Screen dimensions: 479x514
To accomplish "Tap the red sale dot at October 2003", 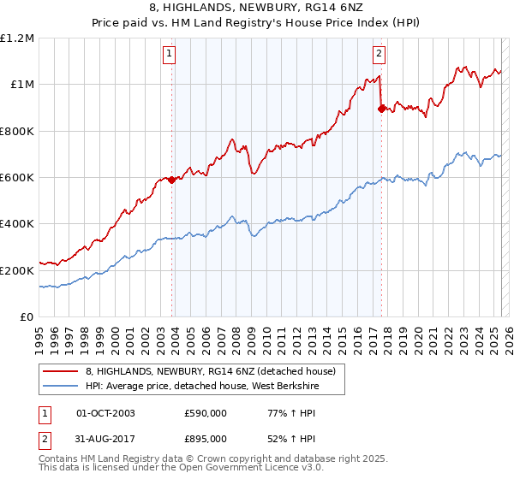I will [x=172, y=180].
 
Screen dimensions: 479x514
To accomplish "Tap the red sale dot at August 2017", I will [x=382, y=109].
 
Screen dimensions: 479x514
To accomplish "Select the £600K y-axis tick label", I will [x=17, y=178].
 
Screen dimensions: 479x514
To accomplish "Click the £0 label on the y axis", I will [x=27, y=316].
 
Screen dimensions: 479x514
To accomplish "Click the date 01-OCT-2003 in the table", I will [x=105, y=413].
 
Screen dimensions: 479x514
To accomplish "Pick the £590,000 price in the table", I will [x=206, y=413].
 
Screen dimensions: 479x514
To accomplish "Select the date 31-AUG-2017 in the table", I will [x=106, y=440].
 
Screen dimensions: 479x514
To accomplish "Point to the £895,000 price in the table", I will [x=206, y=440].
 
